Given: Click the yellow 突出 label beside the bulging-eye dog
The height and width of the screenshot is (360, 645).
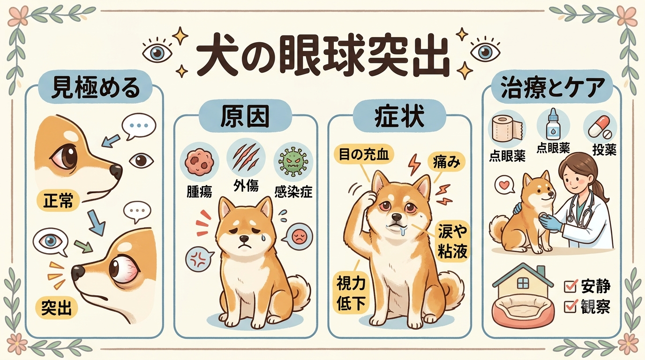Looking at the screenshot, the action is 57,307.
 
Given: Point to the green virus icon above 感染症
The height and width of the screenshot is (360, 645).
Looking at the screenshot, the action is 293,162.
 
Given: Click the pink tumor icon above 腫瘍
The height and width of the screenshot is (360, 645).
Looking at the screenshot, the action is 199,162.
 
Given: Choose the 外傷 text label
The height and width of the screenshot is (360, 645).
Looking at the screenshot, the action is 246,186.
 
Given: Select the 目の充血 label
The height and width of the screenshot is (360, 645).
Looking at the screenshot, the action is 364,155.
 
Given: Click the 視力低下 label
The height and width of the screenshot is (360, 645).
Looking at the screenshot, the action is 351,293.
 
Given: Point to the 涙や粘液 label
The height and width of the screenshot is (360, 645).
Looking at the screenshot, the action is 452,241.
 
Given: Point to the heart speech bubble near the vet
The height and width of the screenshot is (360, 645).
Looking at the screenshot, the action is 505,185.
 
